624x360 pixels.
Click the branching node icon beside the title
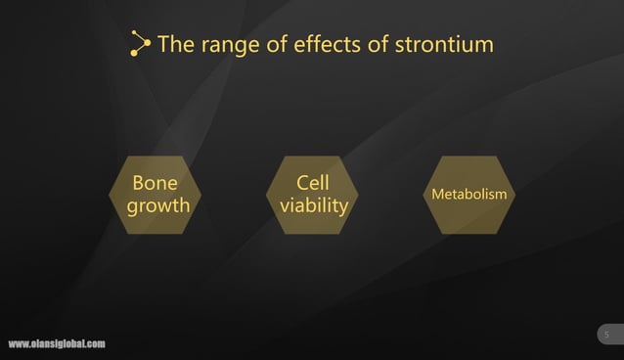[141, 44]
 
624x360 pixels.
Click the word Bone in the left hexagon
[155, 183]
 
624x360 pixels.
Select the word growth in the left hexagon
[158, 206]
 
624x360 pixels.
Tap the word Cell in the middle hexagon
[312, 183]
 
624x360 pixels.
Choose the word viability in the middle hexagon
[313, 206]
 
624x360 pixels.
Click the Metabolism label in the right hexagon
[469, 195]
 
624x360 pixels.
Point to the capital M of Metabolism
[438, 195]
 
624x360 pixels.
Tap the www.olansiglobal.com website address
[57, 344]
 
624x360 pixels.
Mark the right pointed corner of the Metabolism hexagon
[516, 195]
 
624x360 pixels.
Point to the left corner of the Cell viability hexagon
[267, 195]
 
